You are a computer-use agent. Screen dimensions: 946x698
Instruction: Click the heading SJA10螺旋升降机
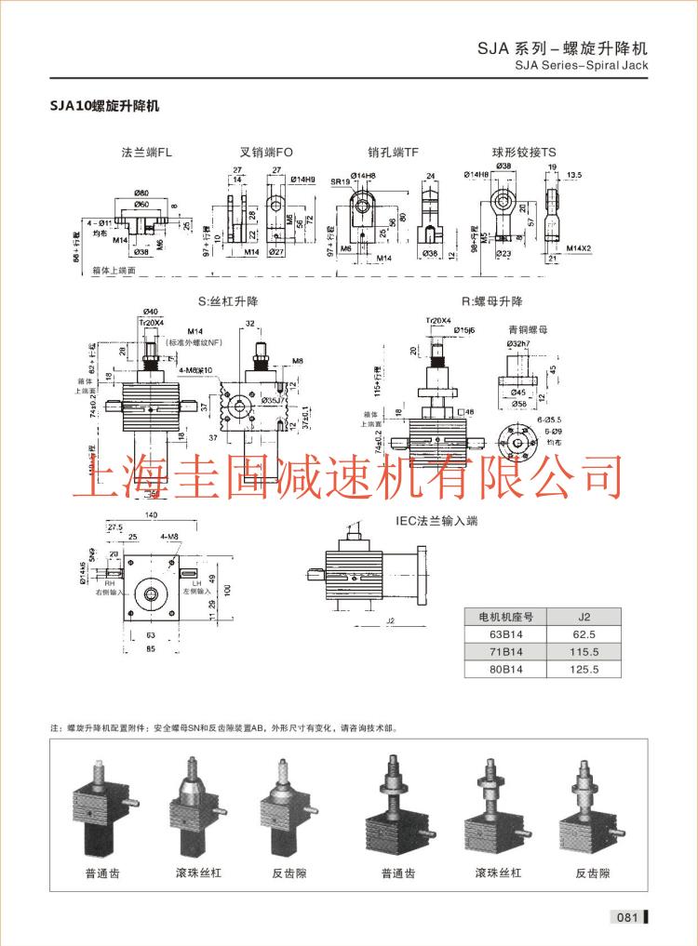pos(104,106)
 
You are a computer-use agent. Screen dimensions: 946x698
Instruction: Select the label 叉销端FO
pos(266,151)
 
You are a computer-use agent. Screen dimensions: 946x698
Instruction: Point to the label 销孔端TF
pos(394,151)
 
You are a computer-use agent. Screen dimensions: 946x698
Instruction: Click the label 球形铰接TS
pos(524,151)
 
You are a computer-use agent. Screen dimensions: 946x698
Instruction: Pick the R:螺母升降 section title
pos(491,301)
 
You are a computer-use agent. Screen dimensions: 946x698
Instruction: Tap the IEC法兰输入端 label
pos(436,522)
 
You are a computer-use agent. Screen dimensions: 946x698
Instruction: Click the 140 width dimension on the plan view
pos(150,514)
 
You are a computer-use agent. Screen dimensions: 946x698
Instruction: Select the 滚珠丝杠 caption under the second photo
pos(198,873)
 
